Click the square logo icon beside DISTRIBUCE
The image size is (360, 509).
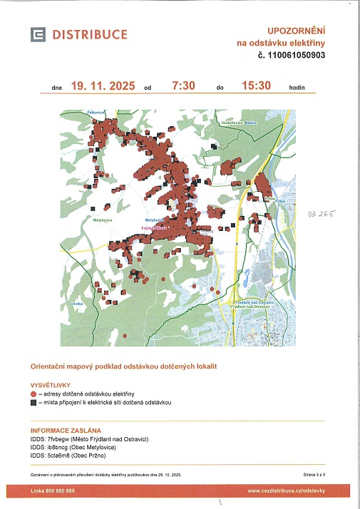(37, 34)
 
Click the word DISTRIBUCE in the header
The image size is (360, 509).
(89, 34)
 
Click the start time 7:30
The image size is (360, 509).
(184, 86)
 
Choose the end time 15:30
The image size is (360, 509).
(257, 86)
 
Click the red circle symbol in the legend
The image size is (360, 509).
(33, 394)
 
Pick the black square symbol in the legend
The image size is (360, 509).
(33, 402)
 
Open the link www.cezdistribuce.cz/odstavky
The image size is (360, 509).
(286, 491)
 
